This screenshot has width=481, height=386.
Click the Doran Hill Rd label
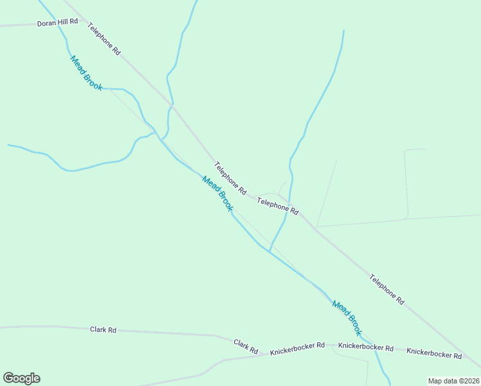click(x=57, y=22)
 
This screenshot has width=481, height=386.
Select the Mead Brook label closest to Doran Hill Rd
click(x=86, y=73)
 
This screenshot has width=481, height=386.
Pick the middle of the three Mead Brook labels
click(x=217, y=194)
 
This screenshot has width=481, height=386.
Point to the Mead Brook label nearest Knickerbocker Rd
click(x=347, y=318)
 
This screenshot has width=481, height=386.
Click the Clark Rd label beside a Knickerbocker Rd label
click(x=246, y=347)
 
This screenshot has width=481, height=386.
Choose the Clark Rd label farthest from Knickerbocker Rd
click(x=103, y=330)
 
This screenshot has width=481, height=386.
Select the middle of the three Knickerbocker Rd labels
click(x=366, y=347)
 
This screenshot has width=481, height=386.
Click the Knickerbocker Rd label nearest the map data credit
click(x=434, y=354)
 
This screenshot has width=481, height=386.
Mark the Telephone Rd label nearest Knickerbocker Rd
click(x=387, y=289)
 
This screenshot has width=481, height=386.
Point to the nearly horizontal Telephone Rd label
click(x=278, y=206)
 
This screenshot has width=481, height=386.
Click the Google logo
click(x=22, y=378)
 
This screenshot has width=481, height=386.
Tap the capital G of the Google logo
click(x=9, y=378)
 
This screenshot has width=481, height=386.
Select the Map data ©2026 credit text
click(x=453, y=381)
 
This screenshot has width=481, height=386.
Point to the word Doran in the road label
click(x=46, y=23)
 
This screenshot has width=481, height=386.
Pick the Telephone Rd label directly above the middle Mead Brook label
click(x=230, y=178)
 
